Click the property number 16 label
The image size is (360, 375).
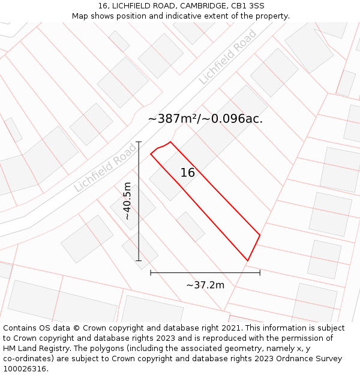(188, 173)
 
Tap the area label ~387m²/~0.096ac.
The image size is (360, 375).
(205, 119)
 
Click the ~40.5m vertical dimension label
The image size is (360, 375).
(127, 201)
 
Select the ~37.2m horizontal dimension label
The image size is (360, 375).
(205, 285)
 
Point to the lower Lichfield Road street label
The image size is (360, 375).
(106, 168)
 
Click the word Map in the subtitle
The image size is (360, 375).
(80, 16)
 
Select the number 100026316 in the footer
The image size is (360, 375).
(25, 369)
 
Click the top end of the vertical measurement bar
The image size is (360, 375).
(139, 142)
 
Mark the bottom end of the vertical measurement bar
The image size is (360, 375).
(139, 260)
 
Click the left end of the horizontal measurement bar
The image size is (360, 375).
(151, 272)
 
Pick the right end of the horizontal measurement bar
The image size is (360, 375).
(260, 272)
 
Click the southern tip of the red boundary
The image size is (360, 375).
(247, 260)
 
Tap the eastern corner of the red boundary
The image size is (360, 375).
(260, 235)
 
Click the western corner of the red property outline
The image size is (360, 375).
(151, 154)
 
